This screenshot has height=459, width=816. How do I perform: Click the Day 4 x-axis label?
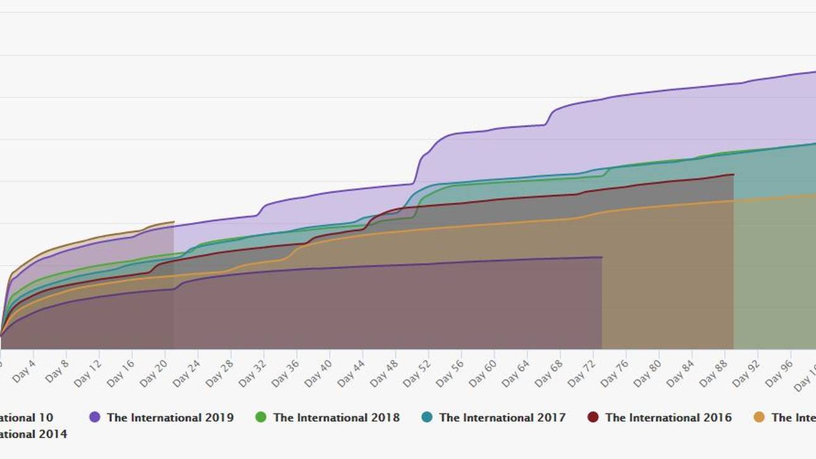(x=23, y=372)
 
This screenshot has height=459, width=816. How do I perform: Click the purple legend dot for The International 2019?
(x=95, y=417)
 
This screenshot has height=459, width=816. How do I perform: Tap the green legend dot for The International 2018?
(x=261, y=417)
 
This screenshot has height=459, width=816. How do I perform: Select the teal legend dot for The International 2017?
(x=427, y=417)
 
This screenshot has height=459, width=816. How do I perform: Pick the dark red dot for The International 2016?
(x=593, y=417)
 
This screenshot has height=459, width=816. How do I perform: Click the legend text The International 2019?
(x=170, y=417)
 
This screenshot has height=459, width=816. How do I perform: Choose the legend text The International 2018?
(x=337, y=417)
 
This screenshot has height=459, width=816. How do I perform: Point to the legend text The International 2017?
(x=502, y=417)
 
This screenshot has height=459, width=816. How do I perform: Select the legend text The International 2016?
(x=668, y=417)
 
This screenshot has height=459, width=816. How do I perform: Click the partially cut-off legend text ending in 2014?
(x=33, y=434)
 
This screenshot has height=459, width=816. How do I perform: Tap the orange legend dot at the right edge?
(x=759, y=417)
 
